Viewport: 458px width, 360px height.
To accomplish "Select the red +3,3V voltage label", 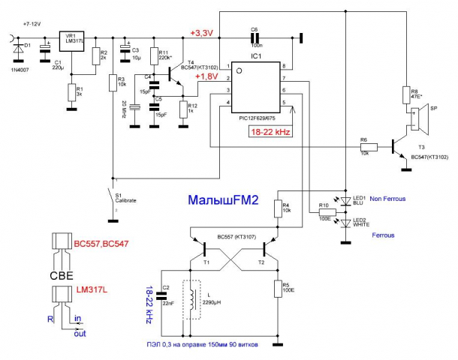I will coord(202,33).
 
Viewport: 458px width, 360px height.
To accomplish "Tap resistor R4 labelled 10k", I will coord(278,208).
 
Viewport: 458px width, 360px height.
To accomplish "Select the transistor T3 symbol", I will coord(396,147).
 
